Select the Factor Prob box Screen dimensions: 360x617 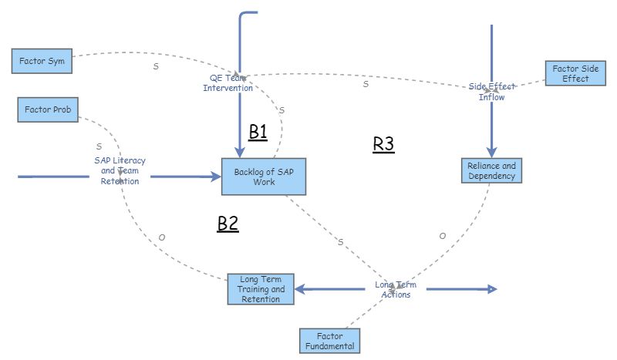tap(48, 110)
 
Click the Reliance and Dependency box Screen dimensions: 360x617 tap(491, 171)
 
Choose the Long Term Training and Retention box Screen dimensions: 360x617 tap(261, 289)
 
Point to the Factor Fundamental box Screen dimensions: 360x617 tap(330, 340)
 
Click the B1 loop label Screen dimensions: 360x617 tap(258, 132)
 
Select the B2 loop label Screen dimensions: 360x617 tap(228, 224)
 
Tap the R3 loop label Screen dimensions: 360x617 tap(383, 144)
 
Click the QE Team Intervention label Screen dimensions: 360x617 tap(228, 82)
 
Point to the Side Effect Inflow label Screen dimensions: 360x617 tap(491, 92)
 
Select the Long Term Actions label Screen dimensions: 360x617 tap(393, 289)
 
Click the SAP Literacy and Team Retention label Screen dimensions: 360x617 tap(120, 170)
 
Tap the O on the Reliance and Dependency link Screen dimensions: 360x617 tap(442, 236)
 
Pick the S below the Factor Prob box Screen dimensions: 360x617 tap(99, 146)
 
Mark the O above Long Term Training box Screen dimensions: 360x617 tap(161, 237)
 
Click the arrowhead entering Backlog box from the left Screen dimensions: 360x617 tap(215, 177)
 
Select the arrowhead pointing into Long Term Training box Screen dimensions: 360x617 tap(300, 289)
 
